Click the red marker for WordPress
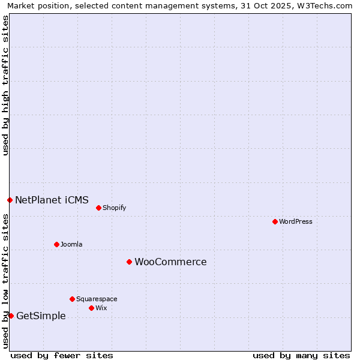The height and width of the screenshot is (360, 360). (275, 221)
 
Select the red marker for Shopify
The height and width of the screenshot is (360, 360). (98, 208)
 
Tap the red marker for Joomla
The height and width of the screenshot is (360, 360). (56, 244)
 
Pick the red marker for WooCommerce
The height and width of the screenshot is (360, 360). (129, 262)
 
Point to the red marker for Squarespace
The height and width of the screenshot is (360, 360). (72, 299)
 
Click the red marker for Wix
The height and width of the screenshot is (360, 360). (91, 308)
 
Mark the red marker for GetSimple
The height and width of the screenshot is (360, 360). (11, 316)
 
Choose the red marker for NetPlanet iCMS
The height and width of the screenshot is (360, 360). (10, 200)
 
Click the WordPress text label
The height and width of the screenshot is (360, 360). (296, 221)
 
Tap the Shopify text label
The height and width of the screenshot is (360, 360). (114, 208)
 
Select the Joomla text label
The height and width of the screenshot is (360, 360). (71, 244)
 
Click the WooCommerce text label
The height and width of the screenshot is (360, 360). (170, 262)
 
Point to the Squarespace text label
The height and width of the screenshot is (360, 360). (97, 299)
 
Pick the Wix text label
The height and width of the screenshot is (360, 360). (101, 308)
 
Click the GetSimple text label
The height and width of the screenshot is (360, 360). (41, 316)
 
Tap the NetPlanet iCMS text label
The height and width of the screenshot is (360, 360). (52, 200)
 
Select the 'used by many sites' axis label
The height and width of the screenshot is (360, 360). (301, 355)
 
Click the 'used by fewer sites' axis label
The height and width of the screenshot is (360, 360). (62, 355)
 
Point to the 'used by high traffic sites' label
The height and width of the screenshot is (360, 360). (5, 85)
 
